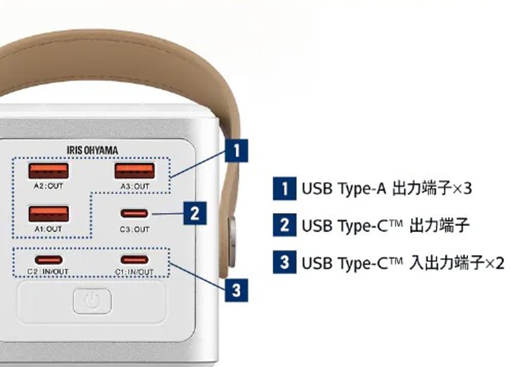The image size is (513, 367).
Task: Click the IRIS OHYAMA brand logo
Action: pyautogui.click(x=93, y=150)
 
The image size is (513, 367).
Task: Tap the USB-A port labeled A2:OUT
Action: pyautogui.click(x=48, y=171)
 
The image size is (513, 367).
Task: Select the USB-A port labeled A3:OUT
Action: pyautogui.click(x=134, y=171)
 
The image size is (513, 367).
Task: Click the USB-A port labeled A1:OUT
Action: pyautogui.click(x=48, y=214)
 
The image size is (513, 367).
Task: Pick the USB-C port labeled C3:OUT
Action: pyautogui.click(x=134, y=214)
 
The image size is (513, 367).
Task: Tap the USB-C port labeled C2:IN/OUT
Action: pyautogui.click(x=48, y=260)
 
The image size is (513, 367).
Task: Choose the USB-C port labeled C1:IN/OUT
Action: pyautogui.click(x=134, y=260)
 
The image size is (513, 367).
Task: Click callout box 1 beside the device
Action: pyautogui.click(x=237, y=150)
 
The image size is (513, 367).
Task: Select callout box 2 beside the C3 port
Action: pyautogui.click(x=195, y=214)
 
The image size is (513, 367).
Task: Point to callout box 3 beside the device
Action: pyautogui.click(x=237, y=290)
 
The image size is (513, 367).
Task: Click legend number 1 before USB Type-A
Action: pyautogui.click(x=285, y=189)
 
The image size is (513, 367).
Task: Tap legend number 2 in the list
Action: pyautogui.click(x=285, y=225)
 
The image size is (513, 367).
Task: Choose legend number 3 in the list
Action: pyautogui.click(x=285, y=262)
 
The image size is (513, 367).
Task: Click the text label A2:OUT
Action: pyautogui.click(x=48, y=186)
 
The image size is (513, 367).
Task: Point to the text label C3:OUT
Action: pyautogui.click(x=134, y=229)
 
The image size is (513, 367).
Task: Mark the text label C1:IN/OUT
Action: pyautogui.click(x=134, y=272)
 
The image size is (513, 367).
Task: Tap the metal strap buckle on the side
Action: pyautogui.click(x=232, y=241)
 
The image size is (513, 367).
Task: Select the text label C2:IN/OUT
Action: pyautogui.click(x=48, y=272)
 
